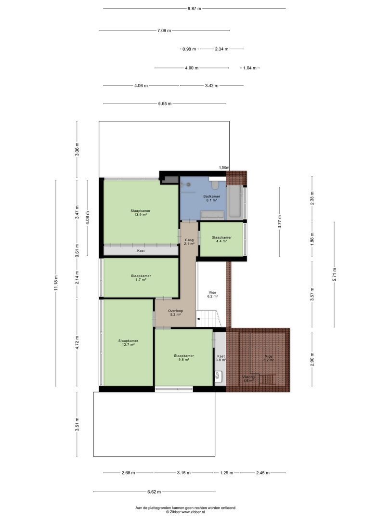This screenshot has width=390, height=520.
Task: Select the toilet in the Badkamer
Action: (215, 184)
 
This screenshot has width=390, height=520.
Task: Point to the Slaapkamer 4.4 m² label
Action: (221, 239)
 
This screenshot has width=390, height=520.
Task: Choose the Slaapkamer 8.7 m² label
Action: (141, 278)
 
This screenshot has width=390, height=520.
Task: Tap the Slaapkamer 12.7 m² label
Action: (128, 342)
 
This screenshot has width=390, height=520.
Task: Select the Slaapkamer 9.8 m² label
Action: (183, 357)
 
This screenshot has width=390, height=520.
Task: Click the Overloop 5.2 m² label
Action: (175, 313)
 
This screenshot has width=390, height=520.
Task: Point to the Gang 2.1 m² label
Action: (189, 242)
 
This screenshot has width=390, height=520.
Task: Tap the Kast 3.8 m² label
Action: (221, 358)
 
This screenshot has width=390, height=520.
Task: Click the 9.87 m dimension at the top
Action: (195, 8)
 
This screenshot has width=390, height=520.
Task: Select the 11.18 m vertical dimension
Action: (56, 283)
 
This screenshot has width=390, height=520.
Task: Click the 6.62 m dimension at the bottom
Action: (154, 492)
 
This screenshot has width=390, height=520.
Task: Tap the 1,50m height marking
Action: (224, 168)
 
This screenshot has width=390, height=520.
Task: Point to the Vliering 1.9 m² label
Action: (248, 378)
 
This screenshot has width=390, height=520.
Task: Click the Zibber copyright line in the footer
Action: (185, 512)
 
